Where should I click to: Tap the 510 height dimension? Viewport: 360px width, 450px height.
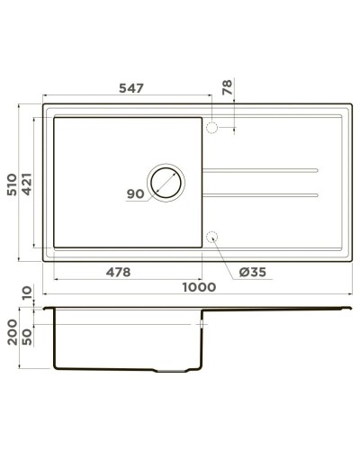tap(11, 185)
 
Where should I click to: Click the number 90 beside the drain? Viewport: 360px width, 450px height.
tap(136, 193)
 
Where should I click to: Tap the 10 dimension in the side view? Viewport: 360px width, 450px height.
tap(27, 294)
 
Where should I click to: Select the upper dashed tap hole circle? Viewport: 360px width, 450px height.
tap(212, 128)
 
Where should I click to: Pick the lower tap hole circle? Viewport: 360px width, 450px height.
tap(212, 238)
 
